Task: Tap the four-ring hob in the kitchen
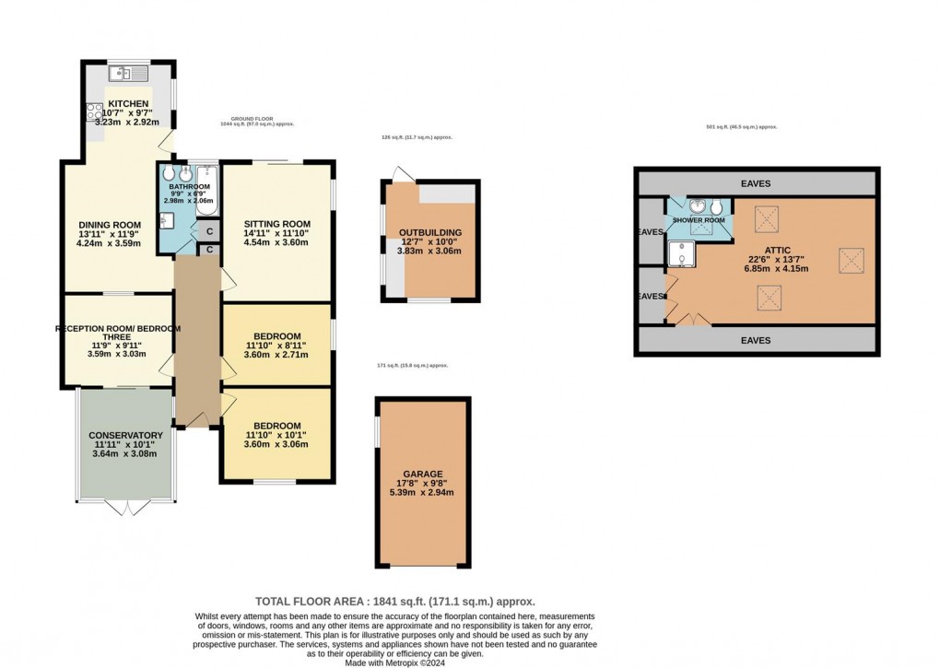tap(95, 112)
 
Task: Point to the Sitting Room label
tap(276, 224)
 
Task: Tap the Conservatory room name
tap(125, 435)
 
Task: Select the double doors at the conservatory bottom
tap(125, 506)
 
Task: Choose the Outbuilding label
tap(430, 232)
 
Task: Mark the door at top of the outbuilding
tap(398, 172)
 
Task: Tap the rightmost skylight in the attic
tap(849, 261)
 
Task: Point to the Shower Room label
tap(699, 221)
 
